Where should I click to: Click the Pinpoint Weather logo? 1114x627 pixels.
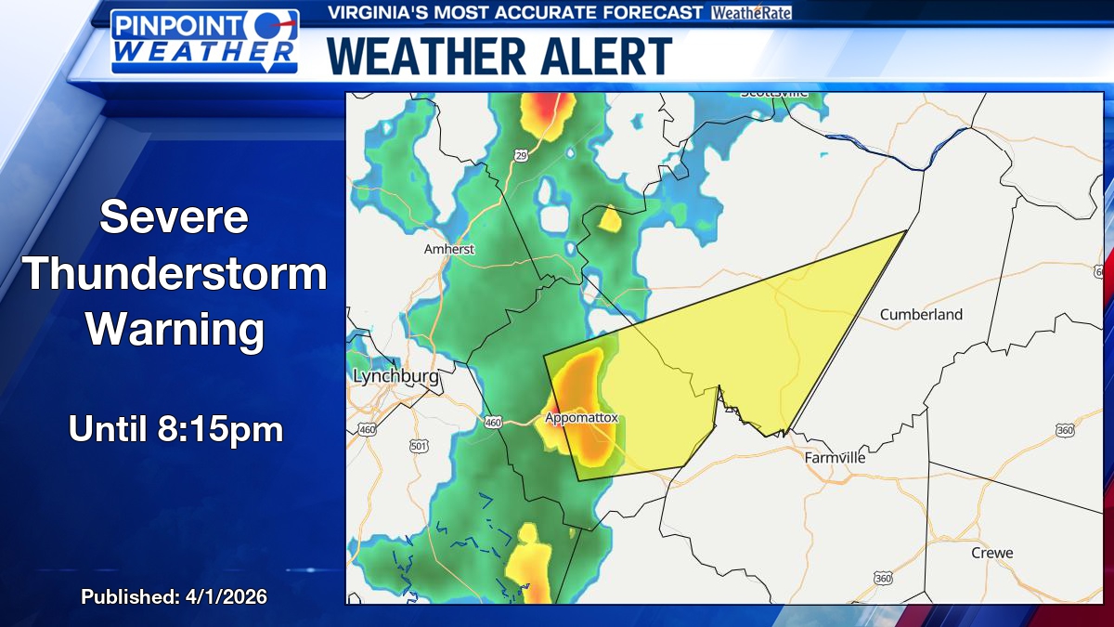tap(205, 42)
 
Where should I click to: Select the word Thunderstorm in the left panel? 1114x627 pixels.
tap(175, 275)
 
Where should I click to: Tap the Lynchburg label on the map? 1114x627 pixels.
tap(395, 376)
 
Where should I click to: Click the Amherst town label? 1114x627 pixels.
tap(449, 249)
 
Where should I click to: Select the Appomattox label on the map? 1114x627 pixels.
tap(581, 418)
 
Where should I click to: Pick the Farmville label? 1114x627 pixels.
tap(835, 458)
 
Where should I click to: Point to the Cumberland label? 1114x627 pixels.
tap(921, 314)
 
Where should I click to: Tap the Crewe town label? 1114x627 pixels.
tap(991, 553)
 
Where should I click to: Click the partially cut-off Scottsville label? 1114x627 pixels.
tap(774, 93)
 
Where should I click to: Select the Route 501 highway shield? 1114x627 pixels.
tap(419, 447)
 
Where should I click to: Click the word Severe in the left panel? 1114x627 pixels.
tap(175, 217)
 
